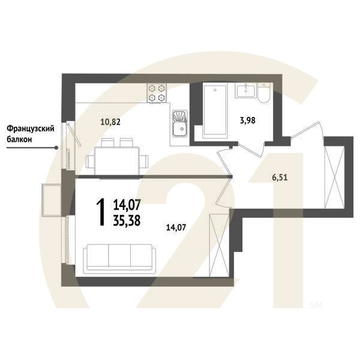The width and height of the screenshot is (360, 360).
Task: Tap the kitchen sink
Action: point(179,126)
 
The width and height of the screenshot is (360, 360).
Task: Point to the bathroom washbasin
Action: point(247,92)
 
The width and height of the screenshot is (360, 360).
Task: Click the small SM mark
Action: point(316,304)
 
